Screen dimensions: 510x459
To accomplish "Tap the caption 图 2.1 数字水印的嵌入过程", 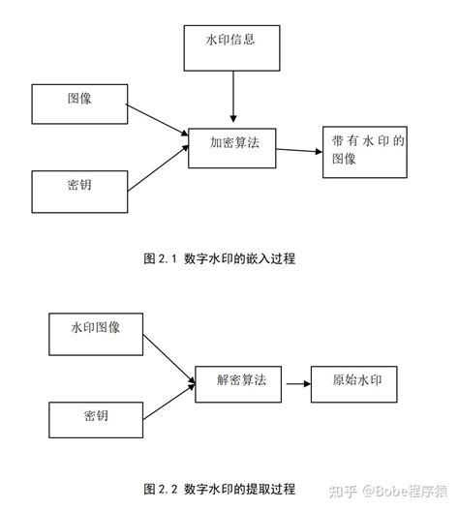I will pos(220,258).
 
